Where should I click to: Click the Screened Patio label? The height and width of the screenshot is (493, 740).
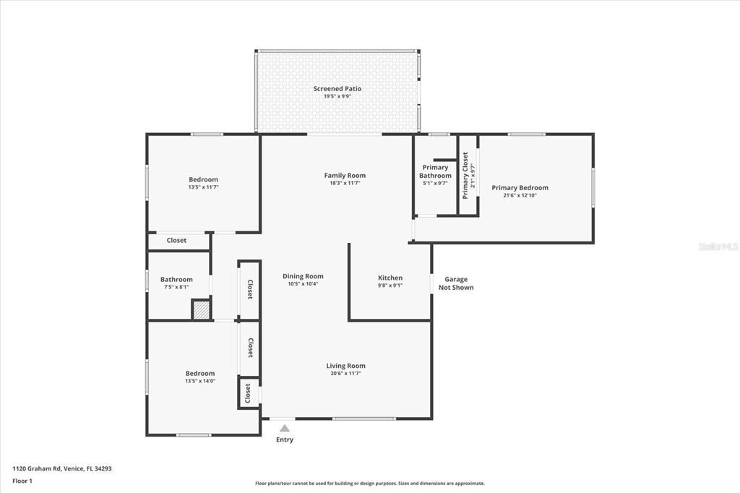pos(337,89)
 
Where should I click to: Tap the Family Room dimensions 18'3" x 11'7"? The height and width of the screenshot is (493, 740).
pos(345,184)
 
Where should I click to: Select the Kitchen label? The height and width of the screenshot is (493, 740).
pos(390,278)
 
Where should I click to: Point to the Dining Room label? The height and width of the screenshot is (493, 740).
pos(303,276)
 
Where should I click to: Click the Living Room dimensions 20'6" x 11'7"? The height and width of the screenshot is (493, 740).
pos(345,374)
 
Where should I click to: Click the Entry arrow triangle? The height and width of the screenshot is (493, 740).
pos(285,429)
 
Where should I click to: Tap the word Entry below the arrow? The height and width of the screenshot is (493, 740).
pos(285,440)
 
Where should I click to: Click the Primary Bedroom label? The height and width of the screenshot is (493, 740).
pos(520,188)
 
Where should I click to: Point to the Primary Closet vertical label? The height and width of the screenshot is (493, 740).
pos(465,176)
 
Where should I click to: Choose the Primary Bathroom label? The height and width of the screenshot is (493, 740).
pos(435,171)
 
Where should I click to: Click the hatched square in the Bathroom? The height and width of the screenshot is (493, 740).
pos(202,310)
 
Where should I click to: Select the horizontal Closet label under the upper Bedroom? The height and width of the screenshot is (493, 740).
pos(176,241)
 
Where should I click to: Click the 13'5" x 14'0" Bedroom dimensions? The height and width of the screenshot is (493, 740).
pos(200,382)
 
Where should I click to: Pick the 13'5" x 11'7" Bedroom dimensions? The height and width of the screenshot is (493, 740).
pos(203,188)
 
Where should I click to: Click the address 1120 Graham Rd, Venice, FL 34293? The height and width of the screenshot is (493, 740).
pos(62,468)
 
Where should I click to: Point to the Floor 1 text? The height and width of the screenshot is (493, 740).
pos(23,481)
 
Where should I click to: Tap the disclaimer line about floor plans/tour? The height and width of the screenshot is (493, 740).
pos(369,484)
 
